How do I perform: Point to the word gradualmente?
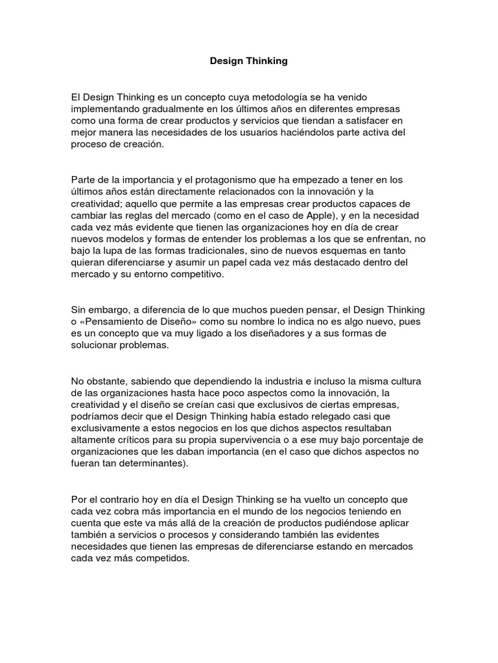169,108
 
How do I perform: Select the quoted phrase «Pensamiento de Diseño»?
130,322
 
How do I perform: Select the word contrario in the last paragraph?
125,500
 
